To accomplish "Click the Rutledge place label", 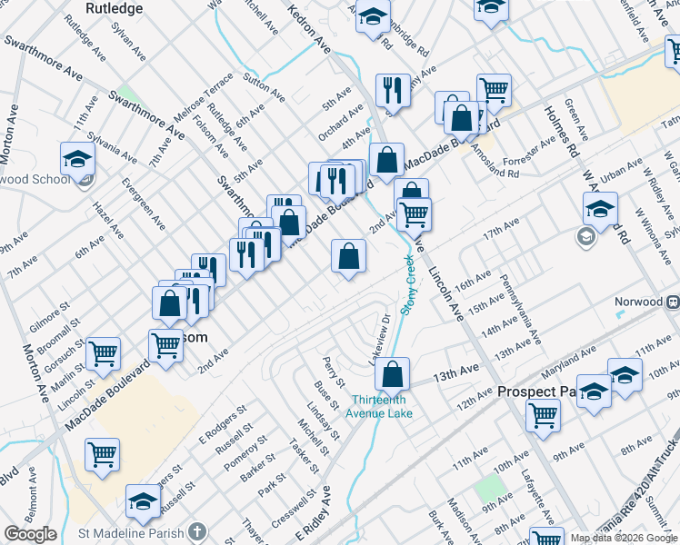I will pyautogui.click(x=114, y=8).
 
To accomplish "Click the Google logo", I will pyautogui.click(x=30, y=534).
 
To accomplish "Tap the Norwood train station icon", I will pyautogui.click(x=673, y=302).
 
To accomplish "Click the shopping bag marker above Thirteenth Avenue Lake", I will pyautogui.click(x=393, y=373).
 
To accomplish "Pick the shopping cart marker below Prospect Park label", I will pyautogui.click(x=543, y=414).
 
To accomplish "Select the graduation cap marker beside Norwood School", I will pyautogui.click(x=77, y=158).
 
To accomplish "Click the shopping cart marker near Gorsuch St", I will pyautogui.click(x=103, y=352).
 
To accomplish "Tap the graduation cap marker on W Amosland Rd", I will pyautogui.click(x=600, y=207).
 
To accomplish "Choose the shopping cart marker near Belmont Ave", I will pyautogui.click(x=102, y=454).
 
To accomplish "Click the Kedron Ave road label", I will pyautogui.click(x=309, y=27).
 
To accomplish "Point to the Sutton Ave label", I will pyautogui.click(x=265, y=84).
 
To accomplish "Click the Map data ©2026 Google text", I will pyautogui.click(x=624, y=537).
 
